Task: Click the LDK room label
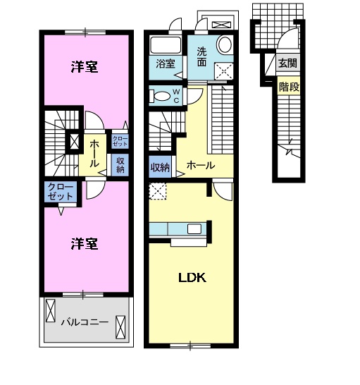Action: point(191,277)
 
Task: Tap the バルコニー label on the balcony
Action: point(84,322)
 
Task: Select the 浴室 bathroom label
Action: point(166,64)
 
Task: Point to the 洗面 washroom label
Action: point(201,57)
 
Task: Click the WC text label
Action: point(176,94)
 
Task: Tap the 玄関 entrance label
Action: point(287,63)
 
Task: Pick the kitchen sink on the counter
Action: point(194,228)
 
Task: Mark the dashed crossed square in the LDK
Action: point(157,190)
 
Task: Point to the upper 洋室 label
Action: point(85,67)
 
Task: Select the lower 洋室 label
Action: point(84,245)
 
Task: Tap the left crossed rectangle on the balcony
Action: point(51,310)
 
